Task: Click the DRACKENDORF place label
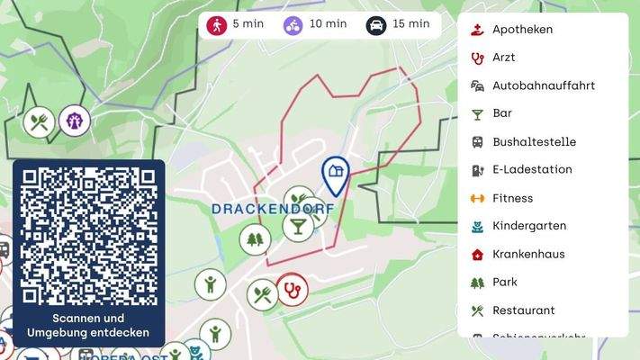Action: (x=272, y=209)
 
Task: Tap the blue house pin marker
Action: (x=336, y=174)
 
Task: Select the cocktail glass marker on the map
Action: (x=297, y=225)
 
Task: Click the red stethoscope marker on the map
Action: (x=292, y=291)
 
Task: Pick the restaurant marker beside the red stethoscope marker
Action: (x=263, y=293)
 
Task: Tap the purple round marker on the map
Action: (x=74, y=120)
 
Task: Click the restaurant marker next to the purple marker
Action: (x=39, y=121)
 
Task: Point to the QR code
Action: (x=88, y=237)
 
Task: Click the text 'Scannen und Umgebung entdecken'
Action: (x=88, y=326)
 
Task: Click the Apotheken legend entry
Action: (x=522, y=30)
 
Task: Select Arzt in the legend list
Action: (x=504, y=58)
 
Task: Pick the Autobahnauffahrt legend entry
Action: (x=544, y=86)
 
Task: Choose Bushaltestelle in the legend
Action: (x=534, y=142)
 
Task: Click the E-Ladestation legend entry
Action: (x=532, y=170)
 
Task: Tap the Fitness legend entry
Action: (x=512, y=198)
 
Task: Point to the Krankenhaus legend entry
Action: (x=528, y=255)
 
